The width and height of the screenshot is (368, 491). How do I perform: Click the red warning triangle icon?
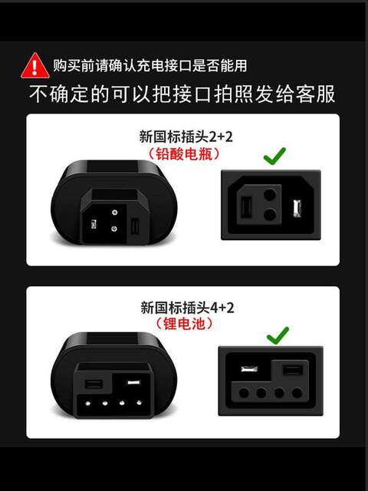[34, 66]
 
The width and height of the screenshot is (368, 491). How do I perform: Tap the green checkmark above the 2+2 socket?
[274, 156]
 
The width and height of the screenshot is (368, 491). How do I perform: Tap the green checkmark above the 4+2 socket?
[278, 335]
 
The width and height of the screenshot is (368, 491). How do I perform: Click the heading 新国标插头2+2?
[186, 137]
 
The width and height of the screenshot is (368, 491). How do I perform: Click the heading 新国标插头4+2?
[187, 308]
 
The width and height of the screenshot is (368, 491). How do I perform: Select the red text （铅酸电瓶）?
[184, 154]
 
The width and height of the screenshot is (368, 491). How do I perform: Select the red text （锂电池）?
[184, 324]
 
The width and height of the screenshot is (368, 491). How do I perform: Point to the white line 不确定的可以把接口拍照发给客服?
[182, 94]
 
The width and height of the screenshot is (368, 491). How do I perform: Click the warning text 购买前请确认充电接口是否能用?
[150, 65]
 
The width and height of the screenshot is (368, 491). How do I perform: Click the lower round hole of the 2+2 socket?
[269, 215]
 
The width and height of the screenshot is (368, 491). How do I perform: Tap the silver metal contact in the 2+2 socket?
[296, 208]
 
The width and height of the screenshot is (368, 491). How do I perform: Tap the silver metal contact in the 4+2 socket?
[249, 368]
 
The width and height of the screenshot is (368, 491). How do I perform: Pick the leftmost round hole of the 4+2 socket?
[244, 392]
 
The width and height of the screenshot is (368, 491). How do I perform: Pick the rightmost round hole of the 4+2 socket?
[297, 392]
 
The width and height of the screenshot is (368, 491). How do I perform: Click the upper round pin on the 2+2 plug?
[115, 213]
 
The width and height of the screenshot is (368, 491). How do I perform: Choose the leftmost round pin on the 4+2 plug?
[88, 404]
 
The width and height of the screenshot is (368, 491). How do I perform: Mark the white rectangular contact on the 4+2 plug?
[134, 382]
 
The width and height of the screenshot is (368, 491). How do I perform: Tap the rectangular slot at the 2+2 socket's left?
[246, 206]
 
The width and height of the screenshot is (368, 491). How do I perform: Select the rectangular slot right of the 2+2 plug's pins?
[135, 226]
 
